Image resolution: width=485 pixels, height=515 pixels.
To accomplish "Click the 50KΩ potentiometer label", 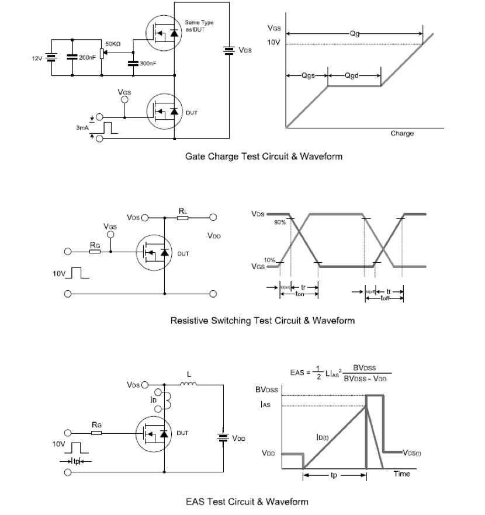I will point(113,44).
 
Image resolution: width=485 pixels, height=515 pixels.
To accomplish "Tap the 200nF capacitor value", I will point(86,58).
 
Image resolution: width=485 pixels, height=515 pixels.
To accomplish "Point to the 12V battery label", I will point(37,58).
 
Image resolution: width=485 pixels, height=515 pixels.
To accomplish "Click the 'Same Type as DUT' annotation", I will point(199,26).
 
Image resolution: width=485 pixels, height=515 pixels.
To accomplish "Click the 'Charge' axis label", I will point(401,134).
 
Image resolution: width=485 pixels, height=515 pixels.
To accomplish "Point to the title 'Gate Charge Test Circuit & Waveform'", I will point(264,156).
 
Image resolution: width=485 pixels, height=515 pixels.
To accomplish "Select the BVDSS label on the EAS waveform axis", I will point(266,391).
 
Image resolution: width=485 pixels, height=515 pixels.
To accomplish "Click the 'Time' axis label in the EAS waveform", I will point(401,474).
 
